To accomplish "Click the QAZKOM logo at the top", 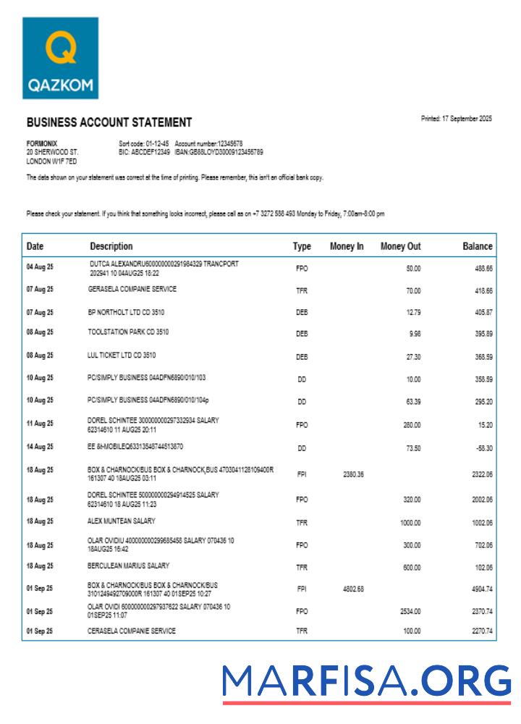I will coord(60,58).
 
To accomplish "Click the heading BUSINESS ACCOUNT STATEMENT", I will coord(109,122).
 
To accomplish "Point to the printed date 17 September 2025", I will coord(456,119).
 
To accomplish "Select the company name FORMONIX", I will coord(42,143).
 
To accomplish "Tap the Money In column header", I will coord(347,246).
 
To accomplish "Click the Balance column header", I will coord(477,246).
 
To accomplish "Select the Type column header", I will coord(302,246).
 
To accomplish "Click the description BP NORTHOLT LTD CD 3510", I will coord(128,312).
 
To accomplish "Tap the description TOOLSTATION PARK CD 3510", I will coord(128,332).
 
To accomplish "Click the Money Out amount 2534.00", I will coord(410,611).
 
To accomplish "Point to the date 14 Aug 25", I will coord(40,448).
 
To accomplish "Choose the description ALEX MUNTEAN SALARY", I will coord(122,521).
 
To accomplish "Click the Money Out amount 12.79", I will coord(412,313).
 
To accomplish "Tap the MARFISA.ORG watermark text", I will coord(366,681).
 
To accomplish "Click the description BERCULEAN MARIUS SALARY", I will coord(128,565).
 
